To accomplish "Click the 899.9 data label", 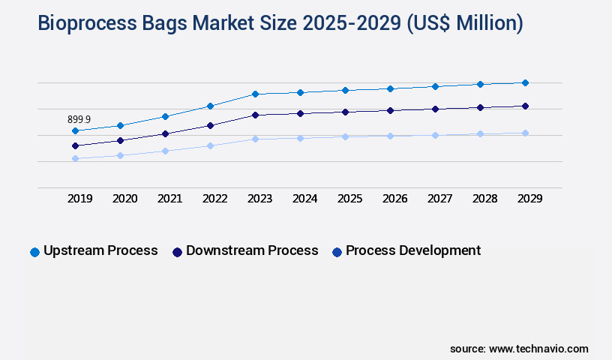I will click(x=79, y=119).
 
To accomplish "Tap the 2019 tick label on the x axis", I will click(x=80, y=199).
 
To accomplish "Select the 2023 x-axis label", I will click(x=260, y=199).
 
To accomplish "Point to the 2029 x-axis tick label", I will click(x=530, y=199).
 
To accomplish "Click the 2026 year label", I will click(x=395, y=199).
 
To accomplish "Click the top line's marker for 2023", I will click(x=255, y=94).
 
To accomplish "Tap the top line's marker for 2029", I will click(x=525, y=82).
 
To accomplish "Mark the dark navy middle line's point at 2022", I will click(x=210, y=125).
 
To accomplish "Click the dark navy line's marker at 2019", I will click(x=75, y=145).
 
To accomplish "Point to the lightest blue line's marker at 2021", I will click(x=165, y=151).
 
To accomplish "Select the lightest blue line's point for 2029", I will click(x=525, y=133).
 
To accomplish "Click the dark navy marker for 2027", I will click(x=435, y=109).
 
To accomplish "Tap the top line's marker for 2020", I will click(x=120, y=125).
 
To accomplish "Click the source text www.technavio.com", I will click(x=538, y=349).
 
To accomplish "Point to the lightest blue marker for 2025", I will click(x=345, y=136).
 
